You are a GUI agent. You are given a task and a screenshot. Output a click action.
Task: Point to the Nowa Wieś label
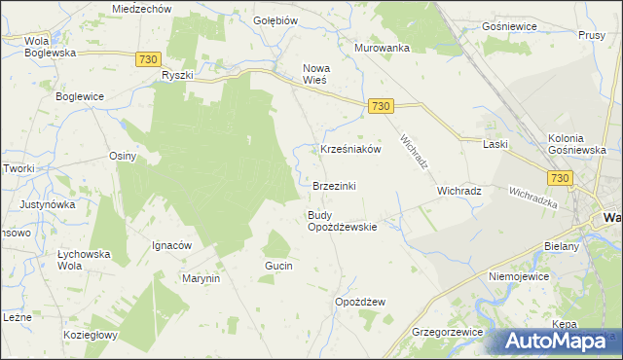(x=317, y=74)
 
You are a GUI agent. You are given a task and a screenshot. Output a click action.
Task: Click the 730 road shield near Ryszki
(x=148, y=59)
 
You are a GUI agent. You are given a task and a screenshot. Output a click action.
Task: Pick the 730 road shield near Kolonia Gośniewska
(x=559, y=177)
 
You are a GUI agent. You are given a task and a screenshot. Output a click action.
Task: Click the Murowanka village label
(x=382, y=48)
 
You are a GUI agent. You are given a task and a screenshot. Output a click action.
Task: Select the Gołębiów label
(x=275, y=20)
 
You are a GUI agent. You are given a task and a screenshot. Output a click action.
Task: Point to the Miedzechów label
(x=141, y=8)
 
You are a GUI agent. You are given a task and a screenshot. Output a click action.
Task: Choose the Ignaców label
(x=171, y=245)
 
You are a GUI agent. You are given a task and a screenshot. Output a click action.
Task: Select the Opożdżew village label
(x=360, y=302)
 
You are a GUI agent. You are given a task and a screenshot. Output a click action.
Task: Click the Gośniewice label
(x=509, y=26)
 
